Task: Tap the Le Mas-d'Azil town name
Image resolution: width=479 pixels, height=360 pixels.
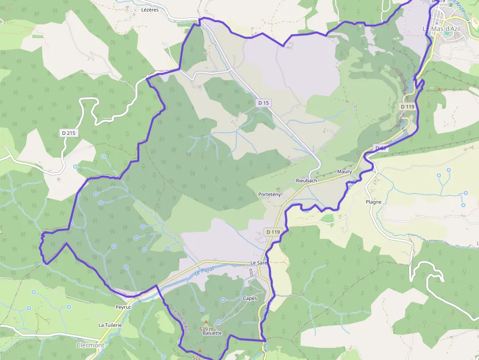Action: tap(441, 29)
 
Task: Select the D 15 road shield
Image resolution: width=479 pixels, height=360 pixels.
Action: tap(263, 103)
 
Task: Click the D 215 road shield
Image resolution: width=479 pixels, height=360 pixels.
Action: tap(69, 133)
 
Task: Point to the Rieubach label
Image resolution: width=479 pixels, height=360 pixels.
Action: tap(306, 180)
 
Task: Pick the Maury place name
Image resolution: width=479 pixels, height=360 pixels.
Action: tap(345, 171)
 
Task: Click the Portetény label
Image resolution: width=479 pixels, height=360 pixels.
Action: tap(269, 194)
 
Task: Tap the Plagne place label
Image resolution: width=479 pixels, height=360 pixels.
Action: tap(373, 202)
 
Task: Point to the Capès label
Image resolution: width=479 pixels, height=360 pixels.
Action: tap(250, 298)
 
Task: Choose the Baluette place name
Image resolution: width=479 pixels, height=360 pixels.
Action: tap(211, 333)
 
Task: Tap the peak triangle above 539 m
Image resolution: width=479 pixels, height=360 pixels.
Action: tap(206, 322)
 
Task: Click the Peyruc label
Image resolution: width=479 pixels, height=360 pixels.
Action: tap(124, 307)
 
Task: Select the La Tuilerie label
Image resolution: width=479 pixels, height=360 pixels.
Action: tap(110, 325)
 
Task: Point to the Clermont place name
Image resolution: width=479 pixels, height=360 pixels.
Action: tap(90, 345)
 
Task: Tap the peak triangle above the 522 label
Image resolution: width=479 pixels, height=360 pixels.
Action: tap(199, 351)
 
